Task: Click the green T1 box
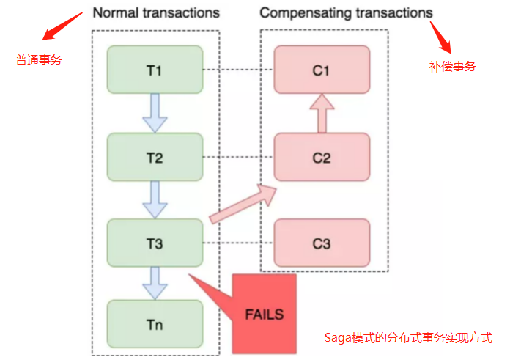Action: tap(155, 70)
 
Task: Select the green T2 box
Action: tap(155, 157)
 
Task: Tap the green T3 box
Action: tap(155, 243)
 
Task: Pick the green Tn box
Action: tap(155, 323)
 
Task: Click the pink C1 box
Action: tap(322, 70)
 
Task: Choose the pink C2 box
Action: tap(322, 157)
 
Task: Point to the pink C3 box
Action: tap(322, 243)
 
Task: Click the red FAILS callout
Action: tap(262, 314)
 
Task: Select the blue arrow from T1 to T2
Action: tap(155, 113)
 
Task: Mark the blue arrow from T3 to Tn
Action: tap(155, 282)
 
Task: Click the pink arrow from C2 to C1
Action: tap(322, 114)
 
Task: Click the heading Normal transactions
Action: tap(156, 12)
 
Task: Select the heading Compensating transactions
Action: tap(346, 12)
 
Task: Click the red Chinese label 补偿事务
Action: tap(452, 66)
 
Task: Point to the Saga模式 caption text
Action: tap(408, 338)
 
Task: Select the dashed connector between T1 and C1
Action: tap(238, 70)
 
